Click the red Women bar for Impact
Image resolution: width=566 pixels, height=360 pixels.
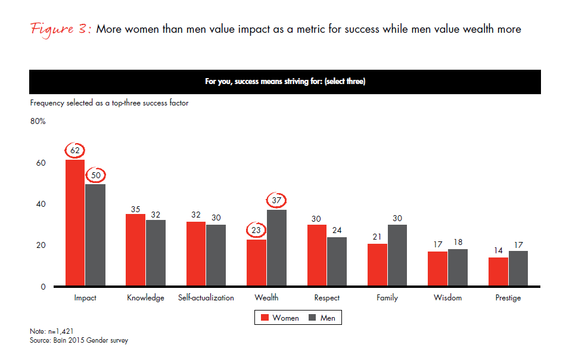coord(75,223)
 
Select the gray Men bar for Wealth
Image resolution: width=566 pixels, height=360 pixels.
coord(276,248)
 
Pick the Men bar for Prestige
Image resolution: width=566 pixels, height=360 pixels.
coord(518,268)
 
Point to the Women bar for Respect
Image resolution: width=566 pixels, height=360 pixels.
coord(316,256)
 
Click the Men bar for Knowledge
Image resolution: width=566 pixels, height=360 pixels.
coord(156,253)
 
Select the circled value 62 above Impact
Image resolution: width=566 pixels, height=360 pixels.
coord(75,151)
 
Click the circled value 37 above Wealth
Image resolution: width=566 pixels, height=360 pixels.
coord(276,201)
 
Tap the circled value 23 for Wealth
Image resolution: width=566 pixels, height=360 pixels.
coord(256,230)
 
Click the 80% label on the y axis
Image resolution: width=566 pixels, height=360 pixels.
coord(38,122)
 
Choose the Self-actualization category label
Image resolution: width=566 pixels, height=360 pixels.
coord(206,297)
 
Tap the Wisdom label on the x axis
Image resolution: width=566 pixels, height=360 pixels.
coord(447,297)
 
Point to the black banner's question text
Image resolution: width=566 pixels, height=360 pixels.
coord(285,82)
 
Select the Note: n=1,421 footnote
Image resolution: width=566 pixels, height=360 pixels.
coord(51,331)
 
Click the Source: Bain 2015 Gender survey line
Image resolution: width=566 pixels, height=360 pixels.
coord(79,340)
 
